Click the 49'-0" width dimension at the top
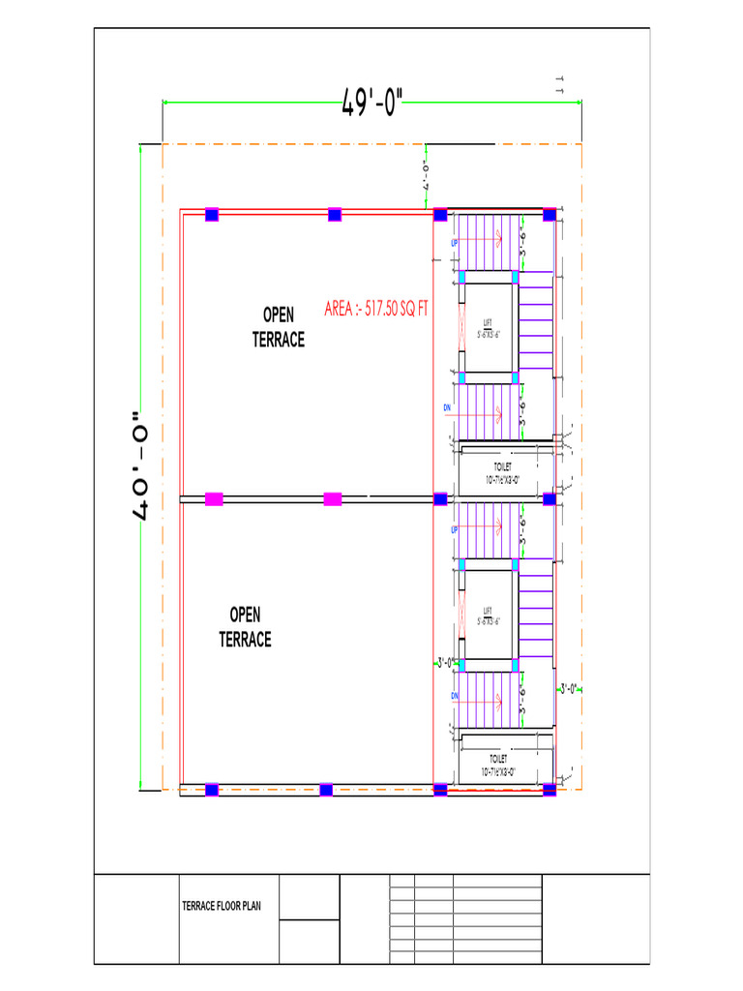point(371,103)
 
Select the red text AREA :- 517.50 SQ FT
point(376,310)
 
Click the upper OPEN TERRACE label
point(279,327)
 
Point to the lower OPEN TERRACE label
point(245,626)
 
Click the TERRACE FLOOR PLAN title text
point(222,907)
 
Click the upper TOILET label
point(502,472)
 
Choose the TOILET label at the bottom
point(498,766)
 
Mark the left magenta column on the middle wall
point(214,499)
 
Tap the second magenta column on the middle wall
point(332,499)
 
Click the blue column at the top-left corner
point(212,215)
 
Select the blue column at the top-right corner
point(549,215)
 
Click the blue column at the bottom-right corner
point(550,790)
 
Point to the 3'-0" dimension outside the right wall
point(570,689)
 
